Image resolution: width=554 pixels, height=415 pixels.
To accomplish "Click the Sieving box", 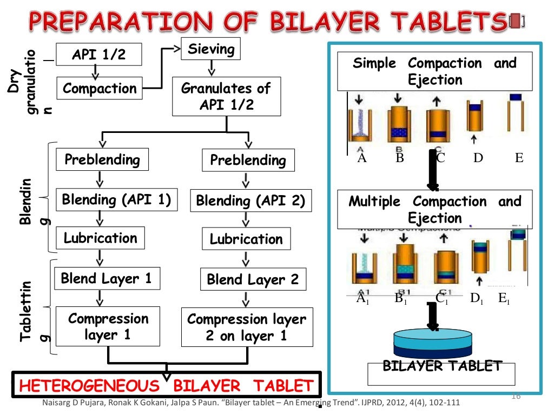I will (x=210, y=50).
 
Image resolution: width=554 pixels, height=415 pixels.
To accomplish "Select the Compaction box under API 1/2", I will (x=100, y=88).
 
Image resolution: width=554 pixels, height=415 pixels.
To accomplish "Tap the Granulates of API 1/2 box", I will (x=226, y=97).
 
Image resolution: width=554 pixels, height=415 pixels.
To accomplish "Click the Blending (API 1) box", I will (x=116, y=200).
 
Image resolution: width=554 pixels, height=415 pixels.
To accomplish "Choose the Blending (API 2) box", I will (x=250, y=201).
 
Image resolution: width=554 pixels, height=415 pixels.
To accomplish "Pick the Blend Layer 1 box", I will (x=106, y=279).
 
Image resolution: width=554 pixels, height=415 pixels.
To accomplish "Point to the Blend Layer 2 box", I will (x=253, y=280).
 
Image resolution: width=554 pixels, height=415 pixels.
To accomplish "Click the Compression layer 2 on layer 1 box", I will (x=247, y=327).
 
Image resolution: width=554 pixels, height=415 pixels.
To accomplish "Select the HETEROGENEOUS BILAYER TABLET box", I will (x=167, y=385).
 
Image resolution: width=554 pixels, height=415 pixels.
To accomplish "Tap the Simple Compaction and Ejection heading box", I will (x=435, y=71).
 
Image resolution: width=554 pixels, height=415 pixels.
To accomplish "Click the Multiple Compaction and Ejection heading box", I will (x=435, y=210).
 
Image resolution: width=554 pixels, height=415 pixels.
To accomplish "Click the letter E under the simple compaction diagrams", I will (x=519, y=158).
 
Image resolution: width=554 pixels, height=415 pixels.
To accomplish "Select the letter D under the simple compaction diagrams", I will (x=478, y=158).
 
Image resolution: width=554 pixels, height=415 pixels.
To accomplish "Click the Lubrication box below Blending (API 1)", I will (x=101, y=238).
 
